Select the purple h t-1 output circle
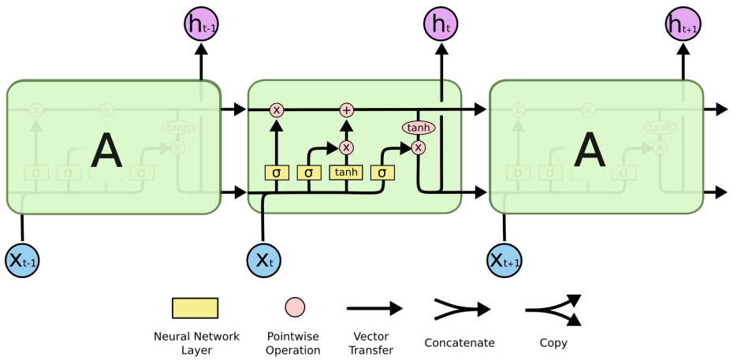[201, 24]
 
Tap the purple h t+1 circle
[683, 24]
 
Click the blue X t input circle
[263, 260]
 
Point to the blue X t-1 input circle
[21, 260]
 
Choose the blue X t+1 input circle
[504, 260]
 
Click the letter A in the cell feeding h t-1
[107, 150]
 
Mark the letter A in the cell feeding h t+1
[590, 150]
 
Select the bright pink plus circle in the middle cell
[346, 110]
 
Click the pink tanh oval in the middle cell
[419, 128]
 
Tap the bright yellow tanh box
[345, 173]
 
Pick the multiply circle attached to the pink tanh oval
[419, 147]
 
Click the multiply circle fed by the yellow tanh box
[346, 147]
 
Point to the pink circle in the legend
[295, 307]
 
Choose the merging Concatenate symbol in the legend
[460, 309]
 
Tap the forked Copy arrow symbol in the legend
[553, 309]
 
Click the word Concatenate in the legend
[459, 343]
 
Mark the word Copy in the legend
[553, 343]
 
